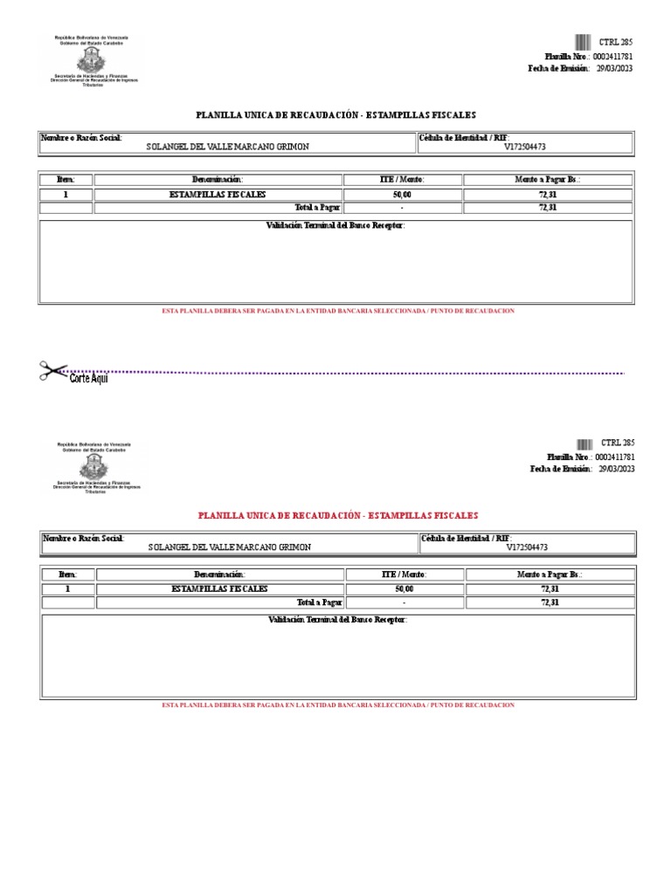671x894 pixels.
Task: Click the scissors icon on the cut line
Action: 52,370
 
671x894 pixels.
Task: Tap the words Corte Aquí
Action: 89,378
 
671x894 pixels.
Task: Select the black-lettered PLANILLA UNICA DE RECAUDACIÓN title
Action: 336,115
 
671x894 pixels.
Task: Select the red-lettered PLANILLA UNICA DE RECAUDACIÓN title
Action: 338,516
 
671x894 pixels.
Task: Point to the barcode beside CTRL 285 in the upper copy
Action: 583,42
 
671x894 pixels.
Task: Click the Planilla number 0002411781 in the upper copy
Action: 613,56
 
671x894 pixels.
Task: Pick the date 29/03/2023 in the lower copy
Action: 615,469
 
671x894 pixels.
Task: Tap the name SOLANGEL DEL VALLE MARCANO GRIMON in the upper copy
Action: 227,147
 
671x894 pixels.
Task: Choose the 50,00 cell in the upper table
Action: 402,195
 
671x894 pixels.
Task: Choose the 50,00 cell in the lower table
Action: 405,589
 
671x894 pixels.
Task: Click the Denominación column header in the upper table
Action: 218,179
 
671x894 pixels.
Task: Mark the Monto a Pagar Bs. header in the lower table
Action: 549,574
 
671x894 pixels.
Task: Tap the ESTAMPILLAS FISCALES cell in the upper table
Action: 218,195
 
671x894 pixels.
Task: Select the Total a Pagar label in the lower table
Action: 320,602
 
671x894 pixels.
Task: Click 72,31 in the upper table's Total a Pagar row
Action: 548,208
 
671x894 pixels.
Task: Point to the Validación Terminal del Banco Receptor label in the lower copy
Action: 337,619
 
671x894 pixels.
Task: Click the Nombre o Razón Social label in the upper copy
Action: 82,137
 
